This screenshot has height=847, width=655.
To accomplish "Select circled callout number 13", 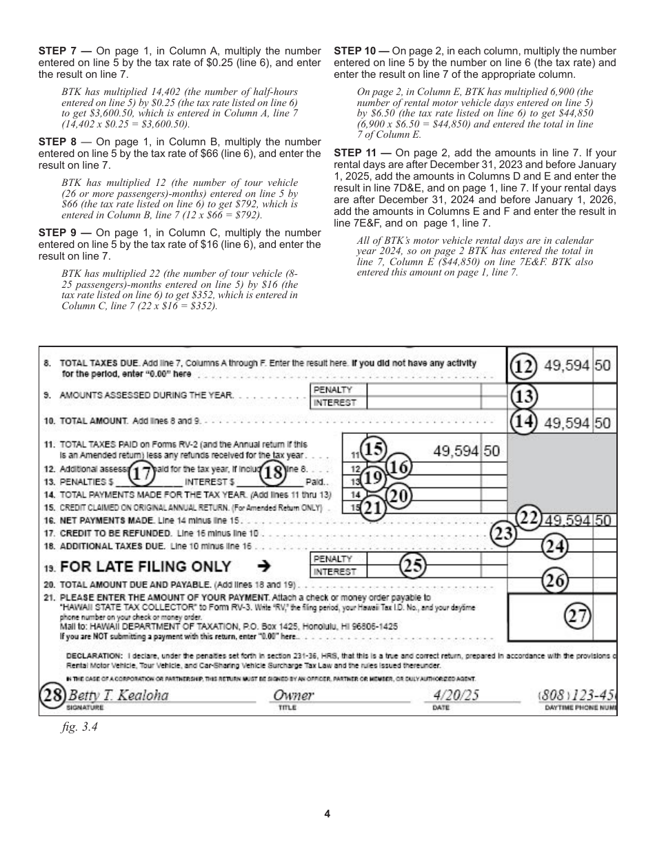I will point(523,396).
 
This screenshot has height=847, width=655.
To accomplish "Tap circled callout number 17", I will point(141,474).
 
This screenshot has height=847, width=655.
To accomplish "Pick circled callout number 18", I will point(274,474).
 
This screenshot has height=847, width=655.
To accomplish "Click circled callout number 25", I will point(413,566).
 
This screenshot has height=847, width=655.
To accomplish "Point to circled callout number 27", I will point(578,616).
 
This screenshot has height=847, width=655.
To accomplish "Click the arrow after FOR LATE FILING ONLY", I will point(263,567).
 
